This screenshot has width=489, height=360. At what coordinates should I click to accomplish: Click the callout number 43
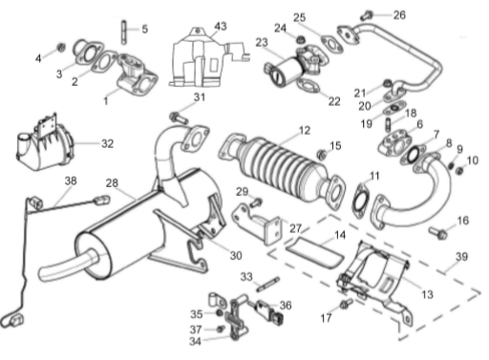(221, 26)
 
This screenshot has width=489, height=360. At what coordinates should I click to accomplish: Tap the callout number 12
(305, 130)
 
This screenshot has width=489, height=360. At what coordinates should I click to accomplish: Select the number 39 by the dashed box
(461, 257)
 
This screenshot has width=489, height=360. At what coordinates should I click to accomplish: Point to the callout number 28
(112, 183)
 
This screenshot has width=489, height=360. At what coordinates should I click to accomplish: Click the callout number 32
(107, 143)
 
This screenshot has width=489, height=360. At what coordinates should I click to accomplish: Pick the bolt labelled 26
(368, 14)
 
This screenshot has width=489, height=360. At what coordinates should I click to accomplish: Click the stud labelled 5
(123, 32)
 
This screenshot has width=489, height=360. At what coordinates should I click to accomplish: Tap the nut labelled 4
(61, 48)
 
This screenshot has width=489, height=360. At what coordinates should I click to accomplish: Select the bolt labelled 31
(179, 117)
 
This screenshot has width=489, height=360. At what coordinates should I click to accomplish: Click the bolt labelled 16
(438, 233)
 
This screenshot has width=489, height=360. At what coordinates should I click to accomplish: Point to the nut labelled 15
(322, 155)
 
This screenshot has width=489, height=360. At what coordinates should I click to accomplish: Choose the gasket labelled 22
(308, 85)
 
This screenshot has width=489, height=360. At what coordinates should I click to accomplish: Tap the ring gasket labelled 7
(413, 155)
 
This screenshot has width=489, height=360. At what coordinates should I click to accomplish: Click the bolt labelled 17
(345, 303)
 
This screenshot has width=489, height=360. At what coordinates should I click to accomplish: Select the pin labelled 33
(268, 285)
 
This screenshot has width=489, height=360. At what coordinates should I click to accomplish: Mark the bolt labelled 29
(256, 202)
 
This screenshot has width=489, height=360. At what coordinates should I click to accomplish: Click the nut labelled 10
(459, 171)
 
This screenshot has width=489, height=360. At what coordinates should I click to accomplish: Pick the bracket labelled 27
(258, 224)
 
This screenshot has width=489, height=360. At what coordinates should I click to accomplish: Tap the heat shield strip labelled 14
(314, 253)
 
